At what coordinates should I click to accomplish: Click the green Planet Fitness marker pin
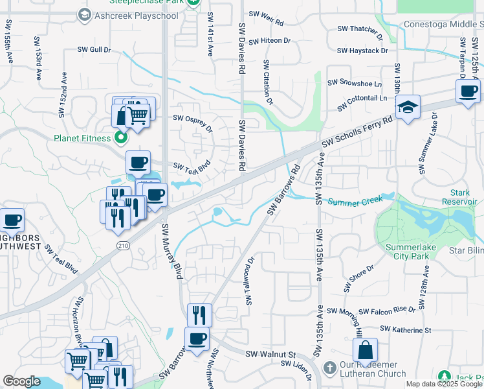(x=120, y=137)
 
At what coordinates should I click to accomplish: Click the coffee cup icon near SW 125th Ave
(x=467, y=91)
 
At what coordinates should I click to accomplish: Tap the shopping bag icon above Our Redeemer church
(x=365, y=350)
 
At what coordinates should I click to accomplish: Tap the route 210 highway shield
(x=123, y=245)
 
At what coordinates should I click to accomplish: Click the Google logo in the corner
(x=21, y=381)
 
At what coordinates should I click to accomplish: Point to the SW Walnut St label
(x=270, y=355)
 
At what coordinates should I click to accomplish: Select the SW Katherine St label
(x=405, y=330)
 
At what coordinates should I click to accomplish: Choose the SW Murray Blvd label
(x=172, y=252)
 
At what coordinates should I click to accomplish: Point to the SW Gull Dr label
(x=94, y=49)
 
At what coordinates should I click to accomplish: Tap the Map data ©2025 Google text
(x=445, y=384)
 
